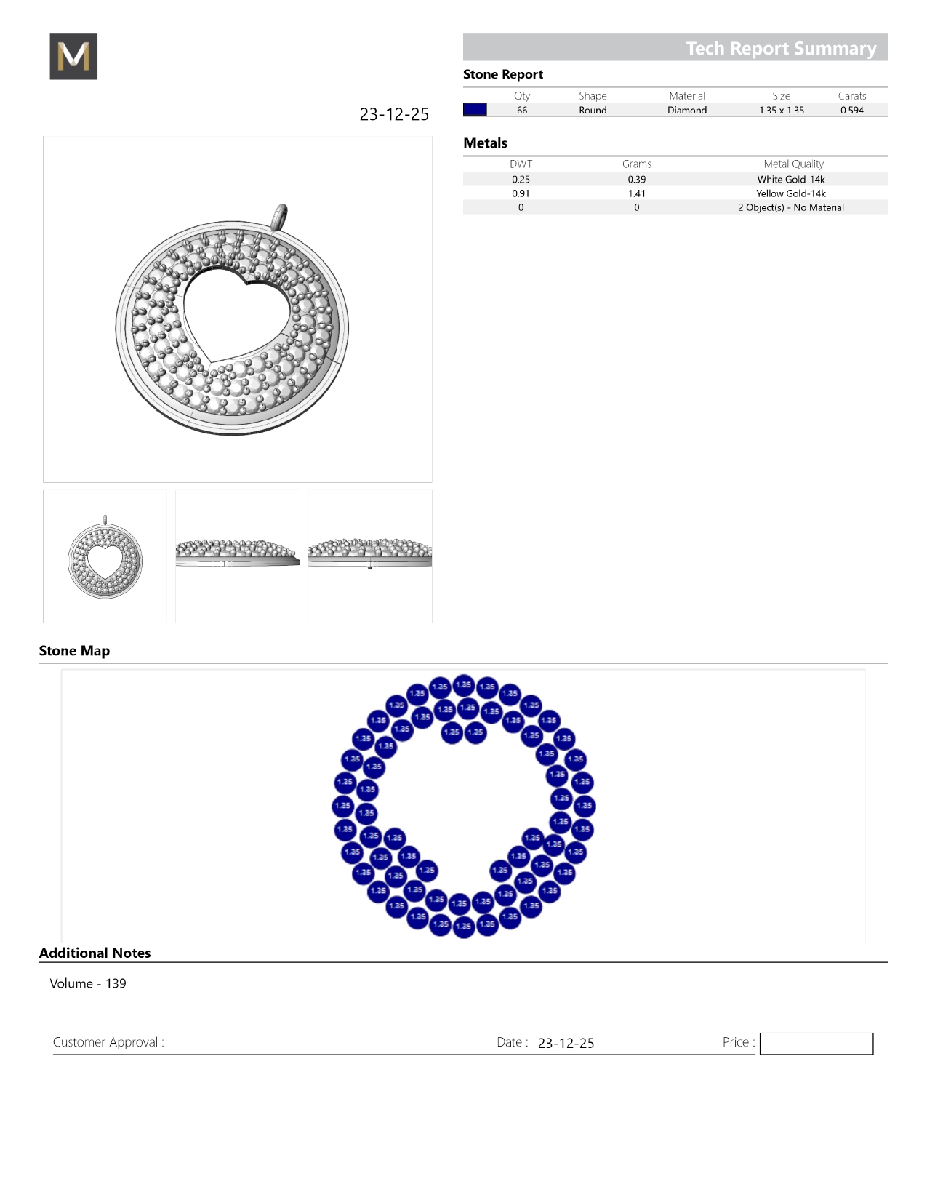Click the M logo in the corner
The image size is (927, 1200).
[x=73, y=56]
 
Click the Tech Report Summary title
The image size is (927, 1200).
[x=781, y=49]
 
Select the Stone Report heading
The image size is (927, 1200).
[x=502, y=75]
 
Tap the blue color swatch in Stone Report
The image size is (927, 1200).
[x=475, y=109]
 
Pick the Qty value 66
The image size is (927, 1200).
[x=522, y=110]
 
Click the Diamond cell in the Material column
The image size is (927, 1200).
[x=687, y=110]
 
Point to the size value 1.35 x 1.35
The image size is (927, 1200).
[x=782, y=110]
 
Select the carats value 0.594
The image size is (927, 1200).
[x=852, y=110]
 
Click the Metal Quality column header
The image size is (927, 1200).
[x=793, y=164]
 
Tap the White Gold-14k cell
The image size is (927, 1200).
[x=790, y=180]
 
